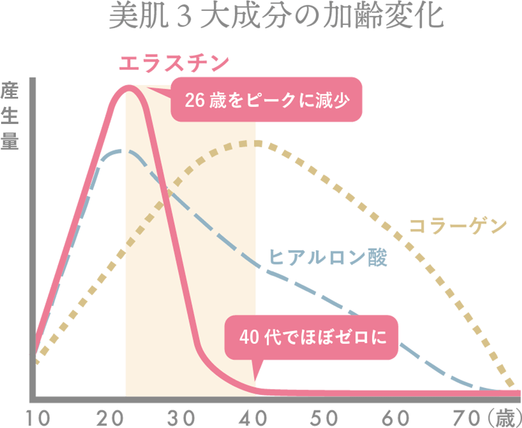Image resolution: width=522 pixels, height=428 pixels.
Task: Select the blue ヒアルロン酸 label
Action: pos(328,258)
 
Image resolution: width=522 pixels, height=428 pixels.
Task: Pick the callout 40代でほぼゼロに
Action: pos(313,338)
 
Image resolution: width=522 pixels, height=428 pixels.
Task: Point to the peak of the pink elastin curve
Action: pos(129,87)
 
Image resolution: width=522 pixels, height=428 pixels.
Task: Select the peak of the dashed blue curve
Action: pos(120,151)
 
